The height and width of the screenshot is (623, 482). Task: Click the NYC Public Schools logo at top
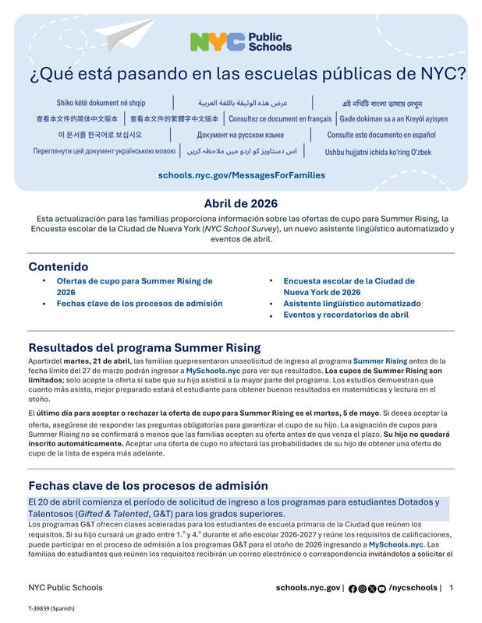click(x=240, y=41)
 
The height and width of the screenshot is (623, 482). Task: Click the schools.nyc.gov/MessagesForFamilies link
click(x=241, y=175)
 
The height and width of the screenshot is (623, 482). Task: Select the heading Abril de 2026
click(x=241, y=203)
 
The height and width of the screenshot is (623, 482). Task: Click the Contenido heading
click(x=58, y=266)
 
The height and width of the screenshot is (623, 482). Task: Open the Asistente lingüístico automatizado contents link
click(x=352, y=304)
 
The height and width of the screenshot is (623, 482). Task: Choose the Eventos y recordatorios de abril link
click(x=346, y=315)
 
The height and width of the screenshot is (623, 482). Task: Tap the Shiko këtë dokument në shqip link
click(x=101, y=103)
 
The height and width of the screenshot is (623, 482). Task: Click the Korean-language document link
click(x=100, y=135)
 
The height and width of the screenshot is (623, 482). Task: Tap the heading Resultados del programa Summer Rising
click(x=144, y=347)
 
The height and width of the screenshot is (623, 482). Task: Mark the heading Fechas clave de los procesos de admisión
click(x=148, y=485)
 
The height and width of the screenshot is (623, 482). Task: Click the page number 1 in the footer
click(x=452, y=587)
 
